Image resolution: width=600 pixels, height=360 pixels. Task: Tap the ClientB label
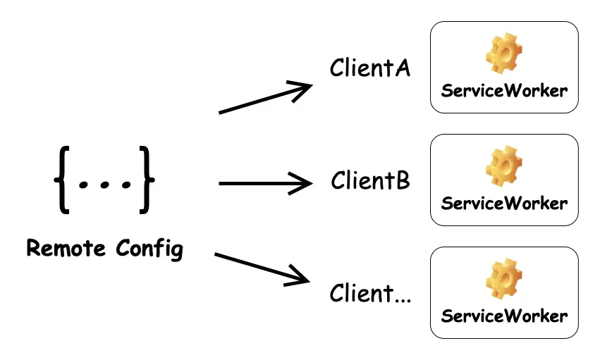point(370,180)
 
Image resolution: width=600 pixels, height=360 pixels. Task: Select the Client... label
point(370,293)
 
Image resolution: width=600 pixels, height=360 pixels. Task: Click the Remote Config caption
point(104,249)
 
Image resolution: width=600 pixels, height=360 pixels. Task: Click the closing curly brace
point(146,179)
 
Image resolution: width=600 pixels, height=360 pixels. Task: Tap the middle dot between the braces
point(104,185)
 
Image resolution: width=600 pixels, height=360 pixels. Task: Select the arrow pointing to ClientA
point(266,98)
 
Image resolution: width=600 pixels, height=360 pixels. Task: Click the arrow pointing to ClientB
point(266,184)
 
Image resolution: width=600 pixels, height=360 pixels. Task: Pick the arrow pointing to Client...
point(262,268)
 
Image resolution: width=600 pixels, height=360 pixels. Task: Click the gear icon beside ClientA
point(504,55)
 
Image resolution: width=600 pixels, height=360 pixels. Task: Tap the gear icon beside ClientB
point(504,168)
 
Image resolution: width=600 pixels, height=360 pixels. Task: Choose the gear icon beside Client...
point(504,280)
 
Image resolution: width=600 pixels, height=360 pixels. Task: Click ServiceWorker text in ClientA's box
point(504,91)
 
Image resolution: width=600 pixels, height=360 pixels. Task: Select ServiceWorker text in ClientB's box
point(504,204)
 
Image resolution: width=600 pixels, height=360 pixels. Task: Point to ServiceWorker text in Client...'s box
point(504,315)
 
